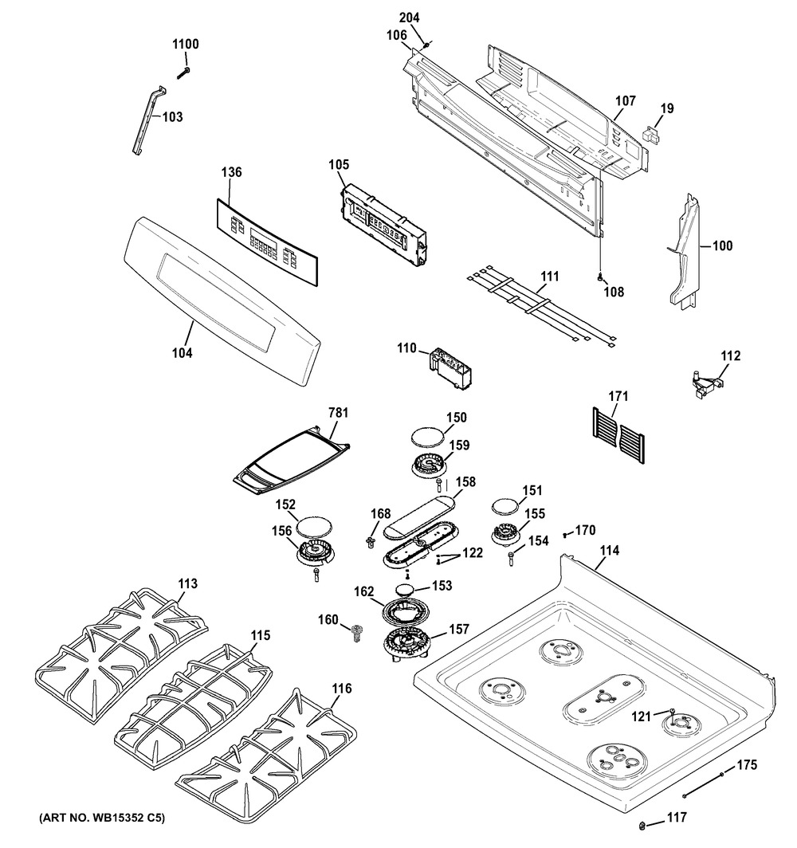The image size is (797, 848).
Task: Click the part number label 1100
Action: click(186, 45)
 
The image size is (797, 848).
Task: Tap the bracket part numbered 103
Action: click(148, 120)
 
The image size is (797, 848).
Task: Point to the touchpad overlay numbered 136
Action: click(270, 234)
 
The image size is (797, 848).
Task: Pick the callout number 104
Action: click(183, 351)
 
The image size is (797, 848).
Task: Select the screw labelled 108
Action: click(599, 278)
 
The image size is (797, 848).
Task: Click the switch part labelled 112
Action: click(705, 384)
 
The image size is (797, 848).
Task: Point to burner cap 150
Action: click(426, 436)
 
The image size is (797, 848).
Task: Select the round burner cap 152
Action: click(312, 525)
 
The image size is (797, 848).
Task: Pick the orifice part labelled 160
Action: click(355, 633)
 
